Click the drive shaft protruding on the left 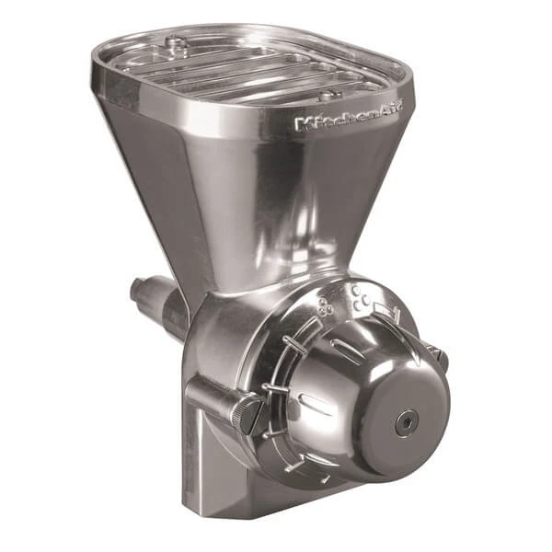coord(156,299)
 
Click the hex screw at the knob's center coord(406,420)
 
